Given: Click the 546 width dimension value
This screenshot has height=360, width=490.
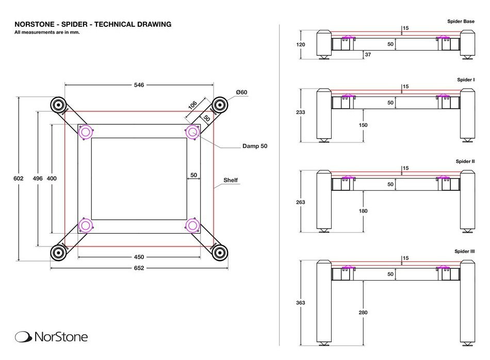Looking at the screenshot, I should tap(139, 85).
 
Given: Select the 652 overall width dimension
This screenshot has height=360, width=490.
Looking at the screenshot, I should tap(139, 268).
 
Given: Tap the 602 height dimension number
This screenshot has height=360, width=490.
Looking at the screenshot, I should tap(18, 178).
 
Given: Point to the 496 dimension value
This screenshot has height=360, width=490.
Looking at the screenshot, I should tap(37, 178).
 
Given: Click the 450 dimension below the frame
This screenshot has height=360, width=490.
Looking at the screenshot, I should tap(139, 257).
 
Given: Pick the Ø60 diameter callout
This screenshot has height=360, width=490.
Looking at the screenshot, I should tap(242, 92).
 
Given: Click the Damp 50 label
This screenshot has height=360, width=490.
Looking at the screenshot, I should tap(255, 146).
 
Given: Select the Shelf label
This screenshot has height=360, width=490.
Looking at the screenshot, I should tap(230, 181).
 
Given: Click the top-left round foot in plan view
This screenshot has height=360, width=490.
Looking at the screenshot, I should tap(59, 105).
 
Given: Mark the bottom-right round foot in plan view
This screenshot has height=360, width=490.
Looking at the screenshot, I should tap(220, 252).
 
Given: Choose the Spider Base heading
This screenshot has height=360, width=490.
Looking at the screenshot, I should tap(461, 22).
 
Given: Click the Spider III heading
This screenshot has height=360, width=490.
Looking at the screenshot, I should tap(464, 251).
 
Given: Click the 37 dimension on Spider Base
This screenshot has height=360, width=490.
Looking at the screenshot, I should tap(368, 55).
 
